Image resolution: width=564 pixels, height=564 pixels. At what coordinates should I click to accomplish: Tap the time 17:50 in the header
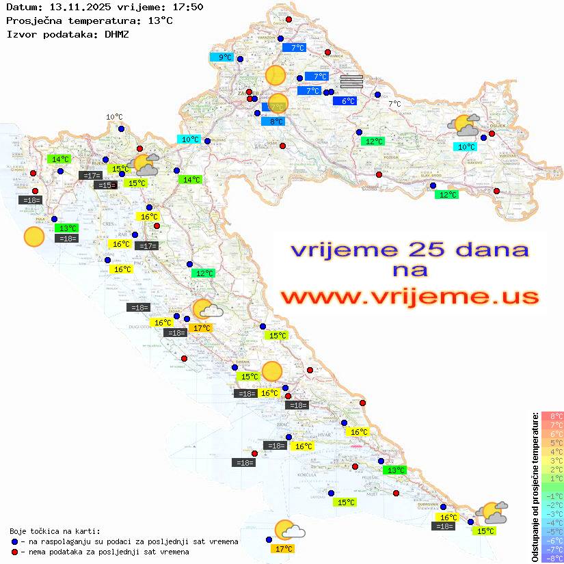pyautogui.click(x=188, y=7)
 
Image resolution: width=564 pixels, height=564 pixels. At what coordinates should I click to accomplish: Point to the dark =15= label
pyautogui.click(x=105, y=185)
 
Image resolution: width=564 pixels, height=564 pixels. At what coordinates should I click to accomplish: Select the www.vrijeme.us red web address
pyautogui.click(x=409, y=297)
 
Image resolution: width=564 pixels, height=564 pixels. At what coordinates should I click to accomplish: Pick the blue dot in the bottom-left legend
pyautogui.click(x=15, y=541)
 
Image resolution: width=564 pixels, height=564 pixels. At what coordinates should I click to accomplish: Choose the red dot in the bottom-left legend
pyautogui.click(x=15, y=552)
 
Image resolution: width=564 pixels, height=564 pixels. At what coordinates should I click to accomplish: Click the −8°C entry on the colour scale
pyautogui.click(x=552, y=558)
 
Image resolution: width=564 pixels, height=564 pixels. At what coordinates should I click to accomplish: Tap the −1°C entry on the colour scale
pyautogui.click(x=552, y=496)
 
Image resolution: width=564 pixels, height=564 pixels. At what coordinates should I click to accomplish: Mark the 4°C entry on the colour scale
pyautogui.click(x=552, y=451)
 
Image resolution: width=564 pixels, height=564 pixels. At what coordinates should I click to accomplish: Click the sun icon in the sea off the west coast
pyautogui.click(x=33, y=237)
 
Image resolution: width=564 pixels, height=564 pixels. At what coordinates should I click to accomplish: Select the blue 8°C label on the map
pyautogui.click(x=273, y=122)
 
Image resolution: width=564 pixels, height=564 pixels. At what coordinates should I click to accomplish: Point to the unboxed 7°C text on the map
pyautogui.click(x=394, y=104)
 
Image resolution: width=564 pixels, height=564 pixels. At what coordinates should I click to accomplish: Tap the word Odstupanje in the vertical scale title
pyautogui.click(x=535, y=536)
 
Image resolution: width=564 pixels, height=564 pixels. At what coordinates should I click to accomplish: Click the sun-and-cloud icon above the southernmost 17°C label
pyautogui.click(x=288, y=531)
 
